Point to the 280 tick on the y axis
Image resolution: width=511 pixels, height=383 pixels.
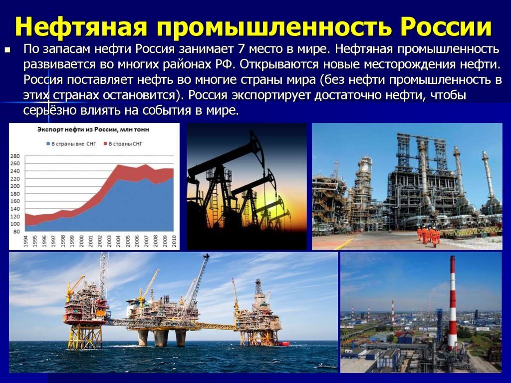[15, 156]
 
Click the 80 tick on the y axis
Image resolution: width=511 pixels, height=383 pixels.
[17, 231]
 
